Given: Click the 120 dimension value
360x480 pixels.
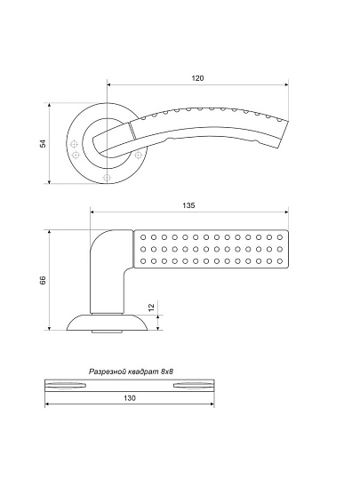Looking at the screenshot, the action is pyautogui.click(x=197, y=78).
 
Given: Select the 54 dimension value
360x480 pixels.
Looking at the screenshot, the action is pyautogui.click(x=44, y=144).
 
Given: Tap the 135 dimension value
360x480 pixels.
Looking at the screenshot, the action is pyautogui.click(x=188, y=205).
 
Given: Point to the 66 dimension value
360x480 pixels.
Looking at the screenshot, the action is pyautogui.click(x=43, y=280).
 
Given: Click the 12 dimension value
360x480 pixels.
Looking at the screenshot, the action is pyautogui.click(x=151, y=307).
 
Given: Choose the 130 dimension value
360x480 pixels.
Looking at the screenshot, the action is pyautogui.click(x=130, y=398).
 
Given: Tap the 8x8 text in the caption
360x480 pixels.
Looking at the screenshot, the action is pyautogui.click(x=167, y=372).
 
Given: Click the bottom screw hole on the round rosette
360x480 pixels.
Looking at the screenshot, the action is pyautogui.click(x=107, y=178).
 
